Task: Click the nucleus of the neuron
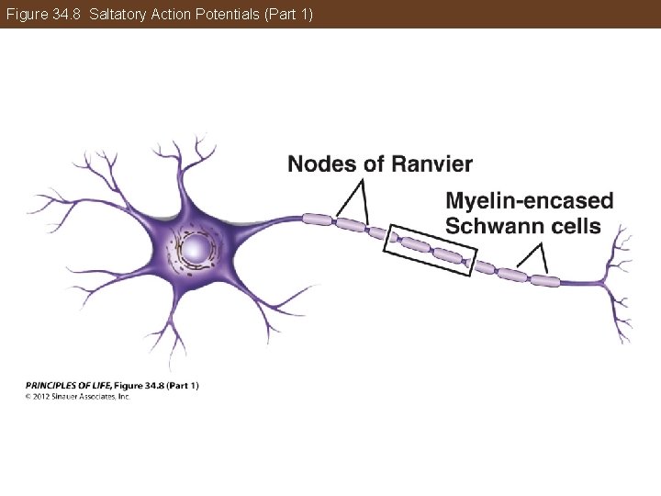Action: click(196, 248)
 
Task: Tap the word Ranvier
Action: click(431, 164)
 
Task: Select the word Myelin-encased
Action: click(530, 201)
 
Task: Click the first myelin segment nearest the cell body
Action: click(318, 219)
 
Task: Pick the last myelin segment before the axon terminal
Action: click(549, 280)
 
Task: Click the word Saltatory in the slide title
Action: click(117, 15)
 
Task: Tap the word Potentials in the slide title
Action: click(218, 15)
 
